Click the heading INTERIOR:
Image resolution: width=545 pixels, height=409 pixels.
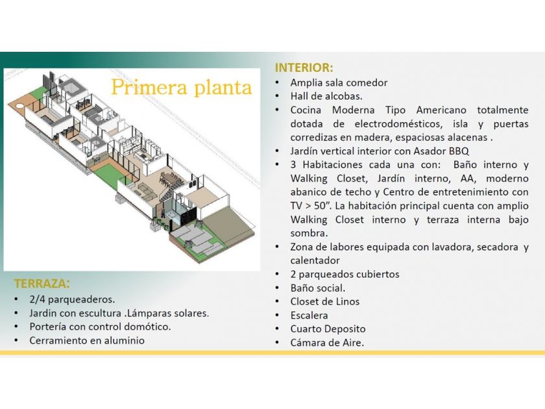[304, 68]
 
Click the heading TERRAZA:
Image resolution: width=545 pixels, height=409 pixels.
[42, 284]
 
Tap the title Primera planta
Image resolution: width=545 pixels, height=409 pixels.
[182, 87]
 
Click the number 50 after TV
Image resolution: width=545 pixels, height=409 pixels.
[320, 206]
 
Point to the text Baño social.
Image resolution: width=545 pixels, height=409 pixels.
[318, 288]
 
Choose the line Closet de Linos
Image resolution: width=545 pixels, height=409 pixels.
[325, 301]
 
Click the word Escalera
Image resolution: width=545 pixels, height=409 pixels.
[309, 316]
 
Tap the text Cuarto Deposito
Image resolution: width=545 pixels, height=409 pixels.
[328, 329]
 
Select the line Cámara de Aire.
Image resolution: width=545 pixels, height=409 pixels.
[327, 343]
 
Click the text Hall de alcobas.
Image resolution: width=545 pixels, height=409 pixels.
[326, 96]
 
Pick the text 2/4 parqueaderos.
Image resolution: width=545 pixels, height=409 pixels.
[72, 299]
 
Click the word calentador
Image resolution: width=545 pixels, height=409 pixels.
[315, 260]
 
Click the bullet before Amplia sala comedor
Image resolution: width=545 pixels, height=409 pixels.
[277, 82]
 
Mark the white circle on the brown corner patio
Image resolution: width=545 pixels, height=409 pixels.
[20, 105]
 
